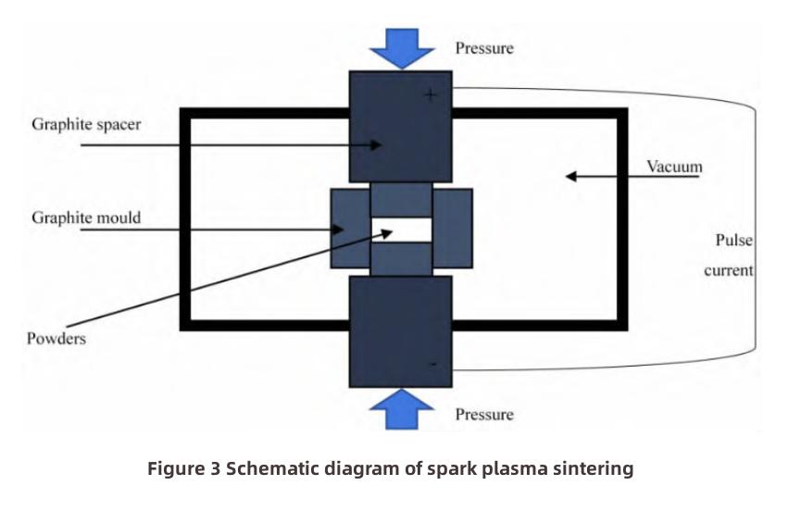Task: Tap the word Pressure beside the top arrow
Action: click(x=483, y=46)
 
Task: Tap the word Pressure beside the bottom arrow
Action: click(x=483, y=414)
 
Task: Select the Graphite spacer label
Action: click(x=86, y=124)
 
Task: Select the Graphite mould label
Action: click(x=86, y=218)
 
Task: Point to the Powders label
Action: click(x=56, y=338)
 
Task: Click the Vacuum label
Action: click(x=674, y=168)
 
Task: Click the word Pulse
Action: click(x=734, y=240)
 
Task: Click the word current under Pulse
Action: click(x=729, y=270)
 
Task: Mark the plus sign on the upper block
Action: click(x=430, y=95)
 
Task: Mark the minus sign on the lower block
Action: click(x=432, y=366)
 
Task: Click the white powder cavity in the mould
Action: click(x=401, y=229)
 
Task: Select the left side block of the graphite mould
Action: click(x=349, y=229)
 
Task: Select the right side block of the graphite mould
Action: click(x=453, y=229)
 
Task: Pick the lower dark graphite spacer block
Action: click(x=400, y=331)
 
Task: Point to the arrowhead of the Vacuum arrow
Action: click(x=571, y=175)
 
